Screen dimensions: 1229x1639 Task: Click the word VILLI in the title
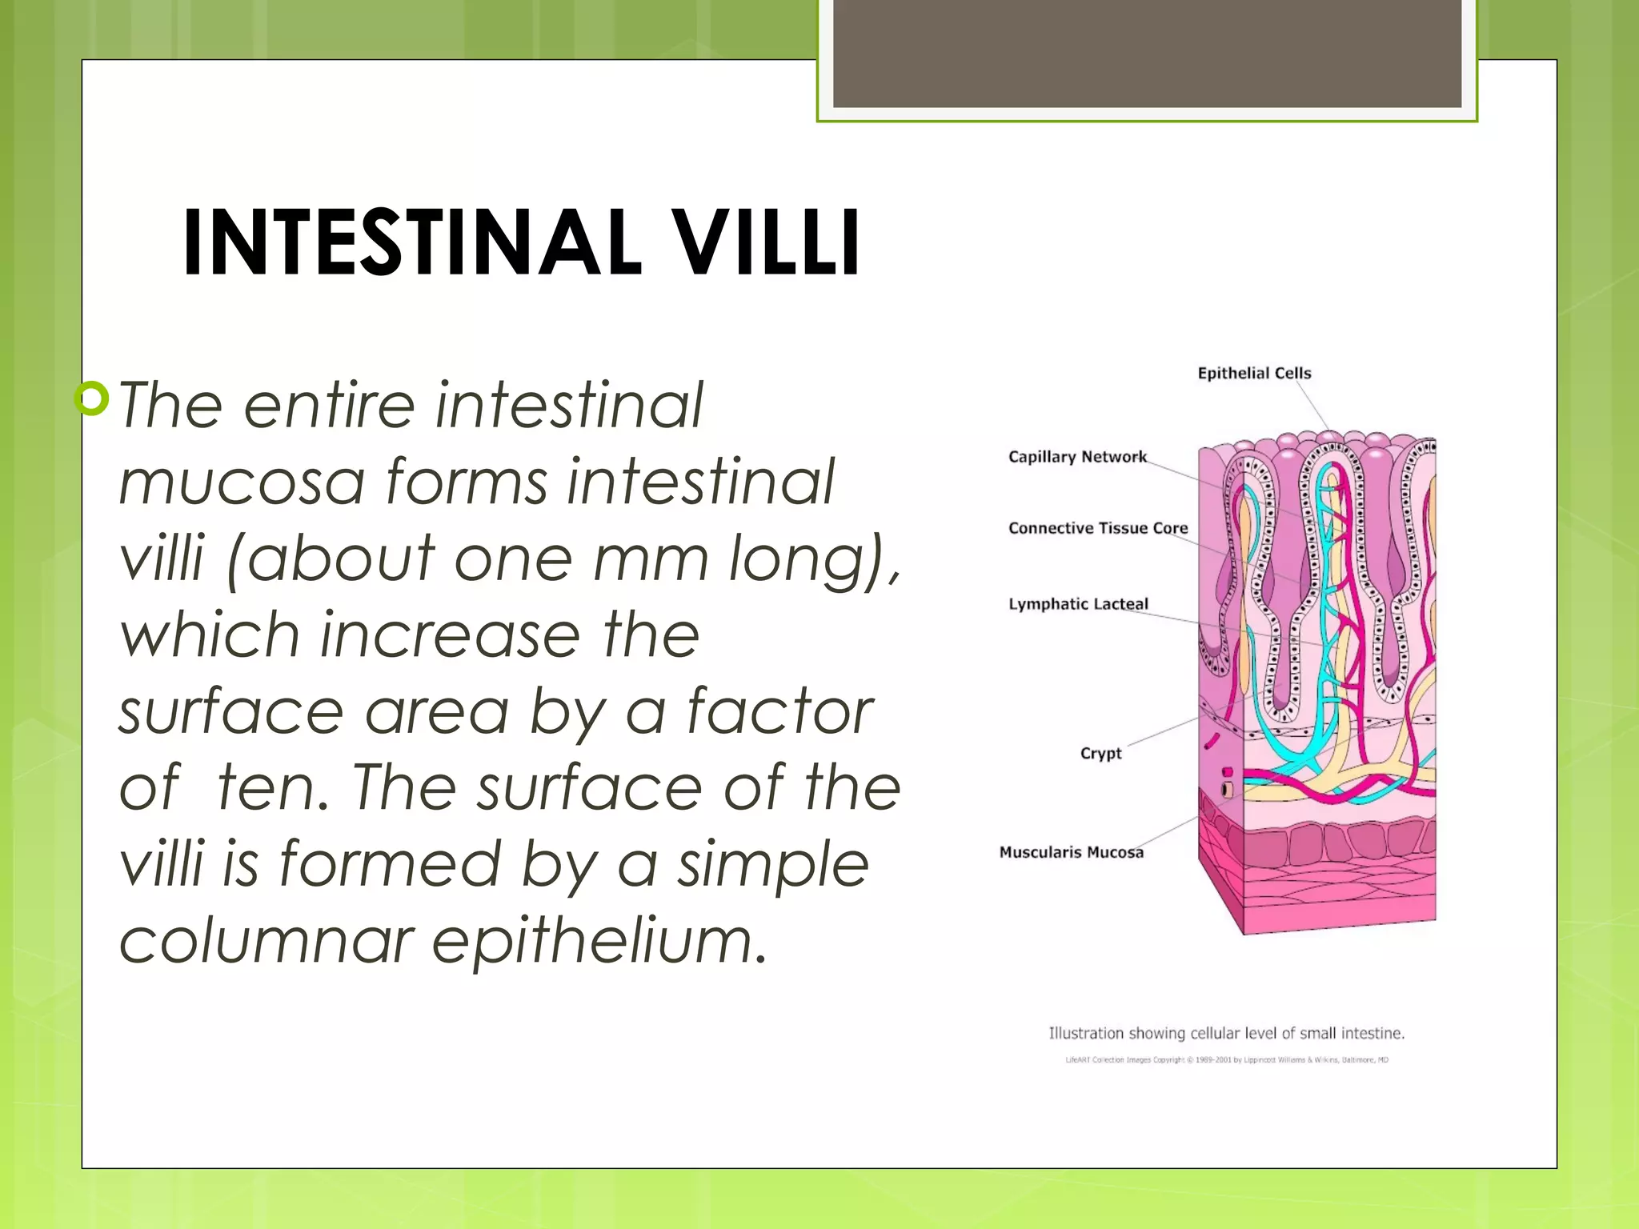pos(764,242)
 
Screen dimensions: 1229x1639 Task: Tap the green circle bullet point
pos(92,398)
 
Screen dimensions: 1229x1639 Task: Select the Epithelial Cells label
pos(1254,373)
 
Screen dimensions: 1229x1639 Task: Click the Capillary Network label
pos(1077,457)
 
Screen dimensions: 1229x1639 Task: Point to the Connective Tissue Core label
pos(1098,528)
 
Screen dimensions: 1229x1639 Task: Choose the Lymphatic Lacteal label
pos(1078,604)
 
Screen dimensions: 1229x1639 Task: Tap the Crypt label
pos(1100,754)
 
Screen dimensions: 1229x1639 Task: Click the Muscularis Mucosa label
pos(1071,853)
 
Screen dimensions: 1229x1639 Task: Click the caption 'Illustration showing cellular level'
pos(1226,1033)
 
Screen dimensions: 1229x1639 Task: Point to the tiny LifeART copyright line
pos(1226,1060)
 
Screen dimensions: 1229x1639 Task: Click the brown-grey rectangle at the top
pos(1147,53)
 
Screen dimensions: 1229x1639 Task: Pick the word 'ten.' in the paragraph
pos(273,788)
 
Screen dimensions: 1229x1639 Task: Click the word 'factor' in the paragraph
pos(779,711)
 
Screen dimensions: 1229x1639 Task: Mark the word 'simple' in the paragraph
pos(772,865)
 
